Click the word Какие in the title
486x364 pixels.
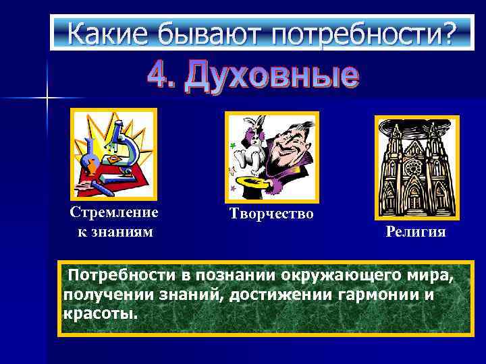tap(100, 32)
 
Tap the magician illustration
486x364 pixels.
tap(271, 157)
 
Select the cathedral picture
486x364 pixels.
tap(416, 162)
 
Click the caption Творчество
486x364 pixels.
tap(271, 214)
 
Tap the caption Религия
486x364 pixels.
tap(416, 232)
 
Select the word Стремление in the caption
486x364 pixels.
tap(114, 212)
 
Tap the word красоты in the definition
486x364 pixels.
tap(99, 314)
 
